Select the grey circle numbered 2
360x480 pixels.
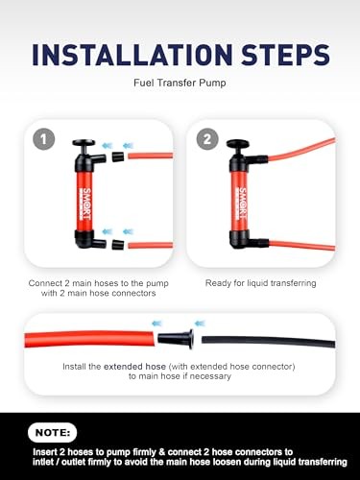click(204, 138)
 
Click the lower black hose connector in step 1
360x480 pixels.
click(117, 245)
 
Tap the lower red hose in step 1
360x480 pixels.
click(149, 246)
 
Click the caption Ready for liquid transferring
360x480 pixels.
click(260, 283)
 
